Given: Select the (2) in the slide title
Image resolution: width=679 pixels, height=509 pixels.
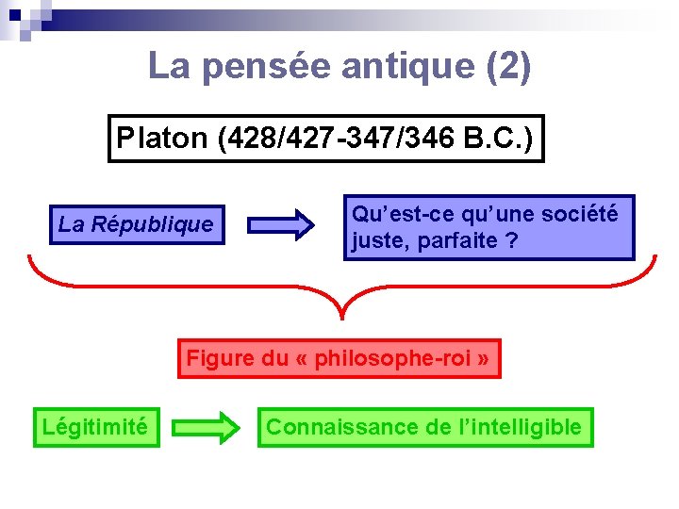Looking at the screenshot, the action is [x=507, y=66].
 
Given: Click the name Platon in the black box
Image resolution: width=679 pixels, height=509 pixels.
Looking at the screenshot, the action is [x=161, y=139].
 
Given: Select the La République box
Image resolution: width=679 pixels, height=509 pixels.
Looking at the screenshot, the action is [x=136, y=224].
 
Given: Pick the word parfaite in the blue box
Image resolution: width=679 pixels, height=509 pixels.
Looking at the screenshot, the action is [x=453, y=240].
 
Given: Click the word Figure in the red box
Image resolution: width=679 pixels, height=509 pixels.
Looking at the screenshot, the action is [x=220, y=358].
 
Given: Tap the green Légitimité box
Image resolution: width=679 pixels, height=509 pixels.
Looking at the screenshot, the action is [x=95, y=427].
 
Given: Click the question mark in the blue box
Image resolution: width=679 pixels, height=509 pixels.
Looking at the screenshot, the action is [x=510, y=240].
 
